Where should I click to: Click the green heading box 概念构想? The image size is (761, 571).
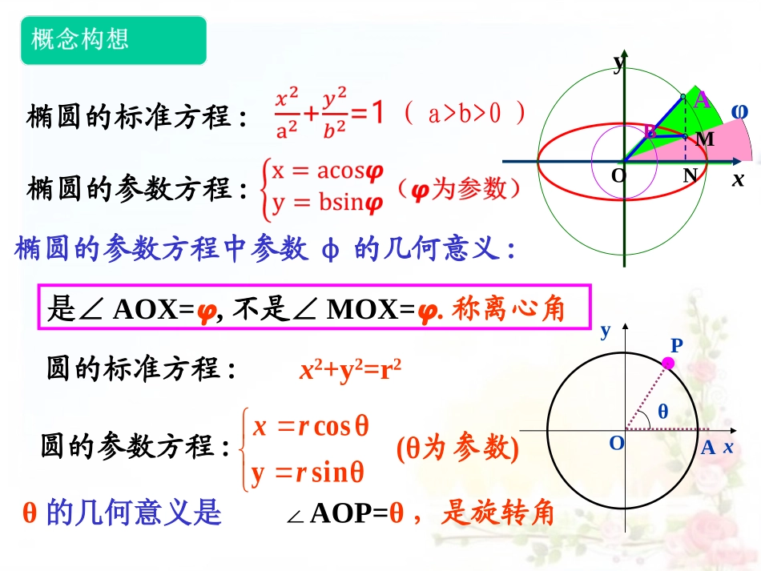pos(113,40)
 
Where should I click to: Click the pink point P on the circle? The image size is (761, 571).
pos(669,364)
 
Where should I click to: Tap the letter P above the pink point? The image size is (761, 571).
pos(676,346)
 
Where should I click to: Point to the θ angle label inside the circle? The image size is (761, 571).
pos(662,412)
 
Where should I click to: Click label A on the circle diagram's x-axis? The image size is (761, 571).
pos(707,448)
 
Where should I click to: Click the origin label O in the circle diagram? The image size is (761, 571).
pos(616,443)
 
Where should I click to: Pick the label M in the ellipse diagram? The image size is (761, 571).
pos(704,139)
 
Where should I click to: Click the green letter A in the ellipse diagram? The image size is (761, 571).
pos(702,100)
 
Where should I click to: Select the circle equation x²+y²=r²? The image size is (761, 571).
pos(349,370)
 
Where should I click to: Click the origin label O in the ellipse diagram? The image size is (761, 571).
pos(618,174)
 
